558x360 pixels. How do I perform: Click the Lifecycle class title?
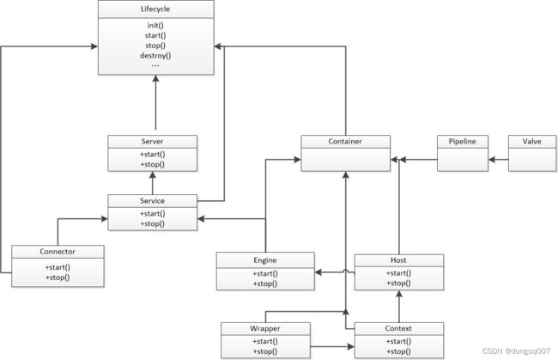click(x=155, y=9)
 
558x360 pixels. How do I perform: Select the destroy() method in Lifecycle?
click(x=155, y=56)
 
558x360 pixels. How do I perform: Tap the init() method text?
click(x=155, y=25)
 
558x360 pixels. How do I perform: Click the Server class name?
click(x=152, y=142)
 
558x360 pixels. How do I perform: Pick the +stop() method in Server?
click(x=152, y=164)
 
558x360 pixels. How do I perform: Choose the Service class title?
click(x=152, y=201)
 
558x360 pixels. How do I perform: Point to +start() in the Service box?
click(x=152, y=214)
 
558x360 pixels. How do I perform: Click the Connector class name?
click(x=58, y=252)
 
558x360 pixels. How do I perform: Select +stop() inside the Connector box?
click(x=58, y=278)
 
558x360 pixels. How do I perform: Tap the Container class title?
click(x=345, y=142)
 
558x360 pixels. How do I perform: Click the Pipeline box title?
click(x=462, y=142)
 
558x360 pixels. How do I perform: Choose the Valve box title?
click(x=532, y=142)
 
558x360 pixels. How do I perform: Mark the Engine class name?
click(x=265, y=260)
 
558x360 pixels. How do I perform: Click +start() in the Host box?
click(x=398, y=273)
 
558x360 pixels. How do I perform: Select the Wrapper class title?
click(x=265, y=328)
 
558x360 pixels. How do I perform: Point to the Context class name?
click(x=398, y=328)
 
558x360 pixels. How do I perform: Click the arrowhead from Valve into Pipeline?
click(x=492, y=160)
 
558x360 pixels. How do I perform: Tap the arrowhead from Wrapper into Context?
click(x=351, y=346)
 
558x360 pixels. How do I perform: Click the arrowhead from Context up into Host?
click(x=399, y=294)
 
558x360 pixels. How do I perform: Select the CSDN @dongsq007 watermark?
click(x=516, y=351)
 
